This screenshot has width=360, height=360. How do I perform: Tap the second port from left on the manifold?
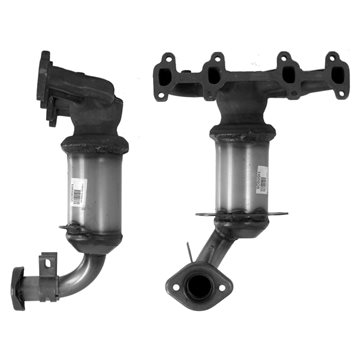tap(211, 72)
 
